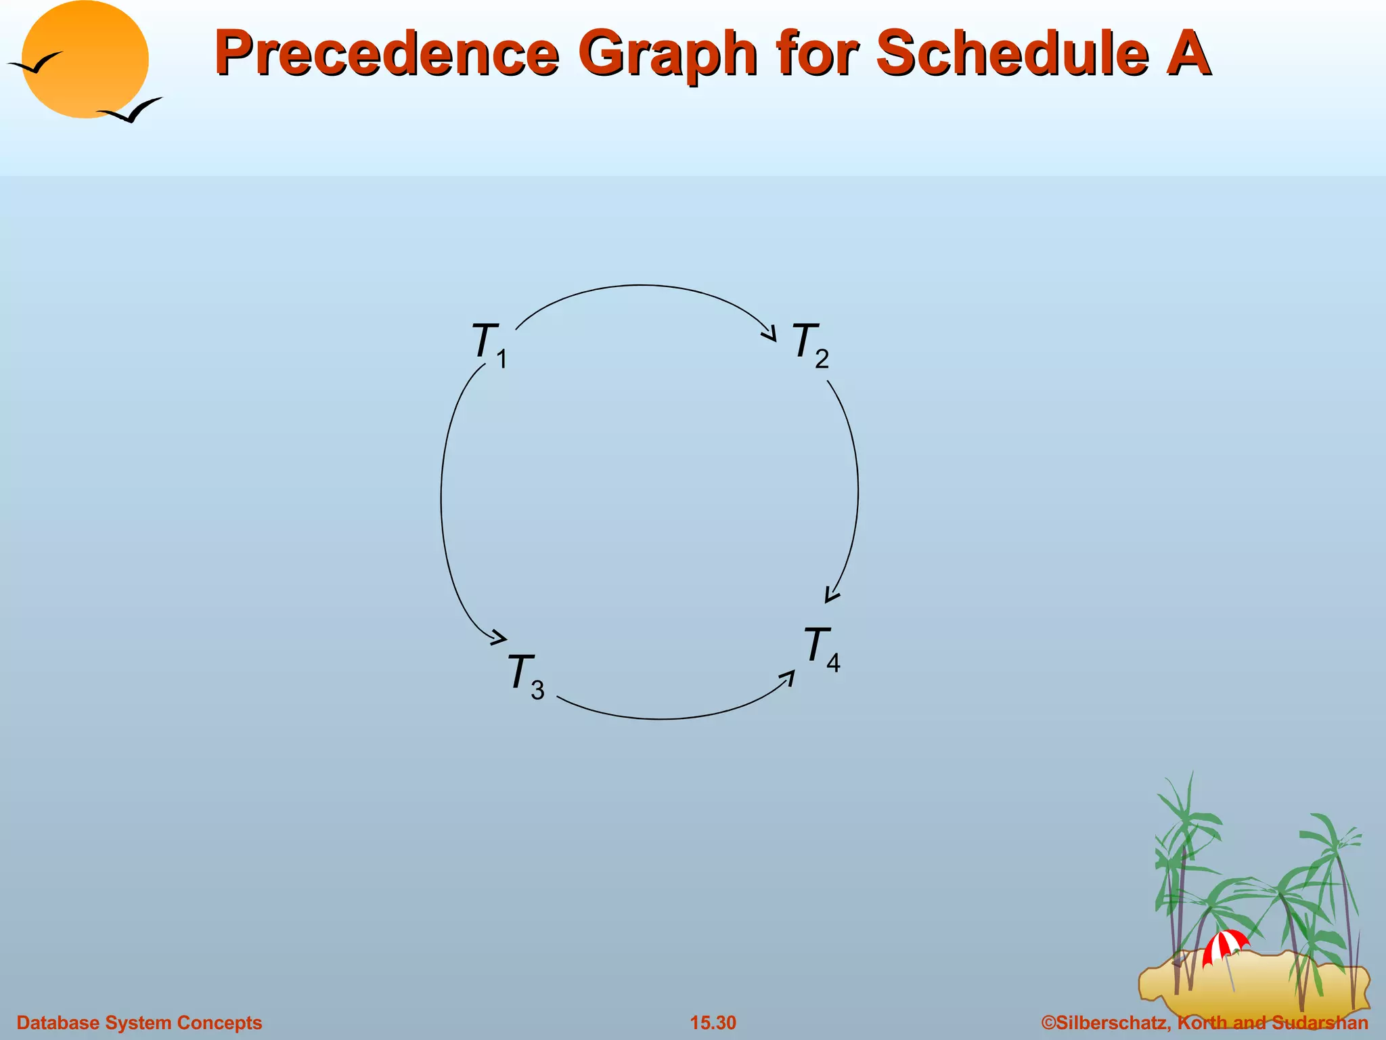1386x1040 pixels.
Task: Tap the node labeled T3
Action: click(x=525, y=675)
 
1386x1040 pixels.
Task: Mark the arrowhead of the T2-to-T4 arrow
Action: click(x=831, y=595)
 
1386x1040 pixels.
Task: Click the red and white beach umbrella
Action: click(x=1224, y=945)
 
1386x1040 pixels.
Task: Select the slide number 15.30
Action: click(x=713, y=1022)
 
